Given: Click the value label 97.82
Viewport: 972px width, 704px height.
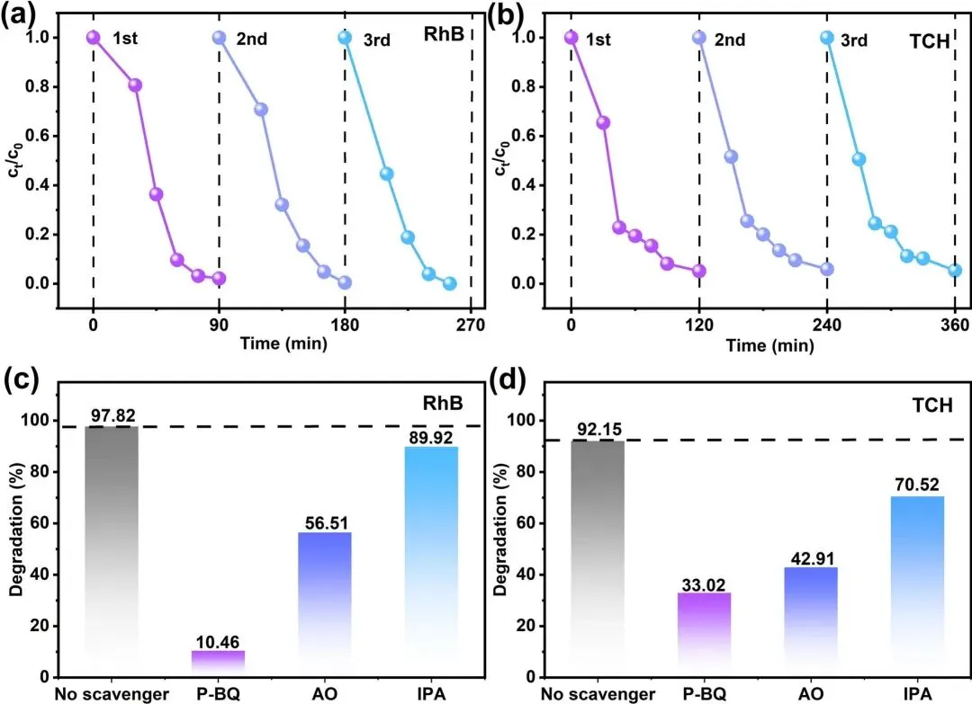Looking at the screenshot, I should (x=112, y=416).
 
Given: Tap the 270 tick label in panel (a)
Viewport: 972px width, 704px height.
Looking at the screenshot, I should (x=471, y=325).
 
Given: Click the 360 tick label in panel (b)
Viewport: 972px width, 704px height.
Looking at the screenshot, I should (x=955, y=325).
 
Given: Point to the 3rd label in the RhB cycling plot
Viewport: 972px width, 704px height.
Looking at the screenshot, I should (x=377, y=39).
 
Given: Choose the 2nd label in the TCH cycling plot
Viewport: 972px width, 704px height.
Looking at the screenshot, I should (x=730, y=39).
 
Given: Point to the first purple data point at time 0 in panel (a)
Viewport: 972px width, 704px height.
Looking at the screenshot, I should (x=93, y=38).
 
